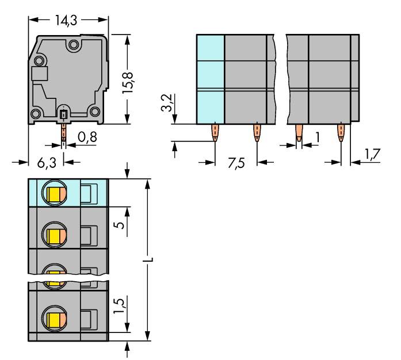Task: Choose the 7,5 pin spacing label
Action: [235, 163]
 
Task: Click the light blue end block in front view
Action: [210, 79]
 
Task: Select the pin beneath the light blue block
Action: [215, 133]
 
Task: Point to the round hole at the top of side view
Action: [74, 44]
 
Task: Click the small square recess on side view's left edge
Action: [39, 74]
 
